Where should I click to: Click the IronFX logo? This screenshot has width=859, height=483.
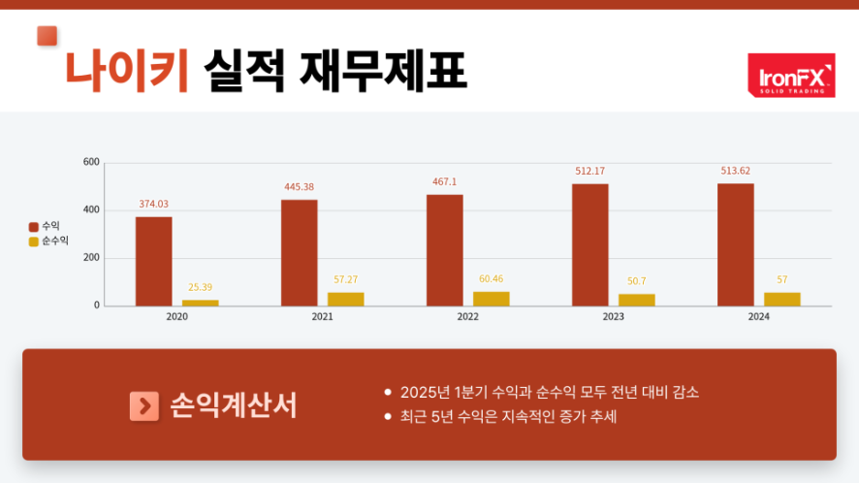pos(791,75)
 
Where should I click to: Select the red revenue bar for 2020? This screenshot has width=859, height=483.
pos(153,261)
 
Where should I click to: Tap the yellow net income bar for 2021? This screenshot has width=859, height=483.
pos(346,299)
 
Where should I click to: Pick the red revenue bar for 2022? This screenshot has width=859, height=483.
pos(445,250)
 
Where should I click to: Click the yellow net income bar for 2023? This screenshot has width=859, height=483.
pos(637,300)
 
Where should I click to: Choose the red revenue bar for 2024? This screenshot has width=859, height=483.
pos(736,244)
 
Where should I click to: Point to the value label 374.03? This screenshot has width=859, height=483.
pos(153,204)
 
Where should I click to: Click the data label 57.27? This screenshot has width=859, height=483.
pos(346,279)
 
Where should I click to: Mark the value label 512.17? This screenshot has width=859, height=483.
pos(589,171)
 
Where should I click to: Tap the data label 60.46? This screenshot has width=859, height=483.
pos(492,278)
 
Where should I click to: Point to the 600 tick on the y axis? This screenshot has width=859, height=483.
pos(91,162)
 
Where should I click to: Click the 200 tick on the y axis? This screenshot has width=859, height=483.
pos(91,258)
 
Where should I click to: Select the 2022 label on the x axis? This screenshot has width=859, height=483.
pos(467,317)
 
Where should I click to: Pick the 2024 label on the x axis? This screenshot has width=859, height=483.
pos(759,317)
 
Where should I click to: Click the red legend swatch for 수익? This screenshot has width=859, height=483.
pos(33,226)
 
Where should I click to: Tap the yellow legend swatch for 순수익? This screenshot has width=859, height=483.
pos(33,241)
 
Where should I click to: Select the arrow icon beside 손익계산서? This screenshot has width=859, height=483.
pos(143,405)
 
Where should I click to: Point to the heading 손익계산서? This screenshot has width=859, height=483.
pos(233,405)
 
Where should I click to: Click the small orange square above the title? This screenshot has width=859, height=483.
pos(47,36)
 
